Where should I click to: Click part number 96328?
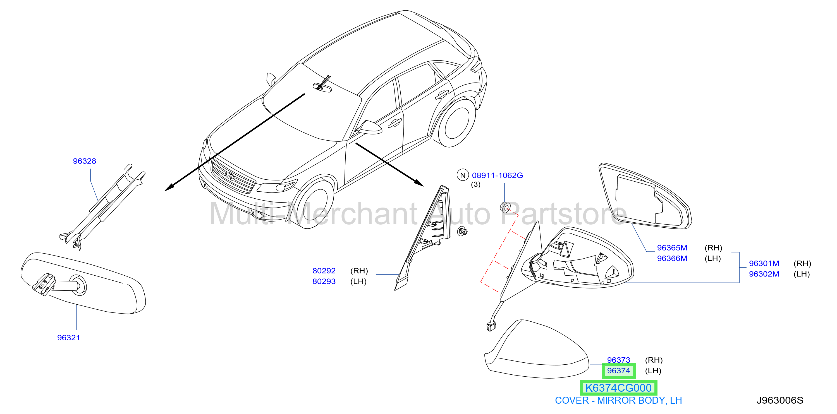pyautogui.click(x=85, y=161)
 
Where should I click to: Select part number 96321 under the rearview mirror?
pyautogui.click(x=69, y=338)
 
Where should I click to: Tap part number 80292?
pyautogui.click(x=324, y=271)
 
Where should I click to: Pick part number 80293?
pyautogui.click(x=324, y=281)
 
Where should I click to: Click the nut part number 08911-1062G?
pyautogui.click(x=498, y=175)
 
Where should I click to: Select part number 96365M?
pyautogui.click(x=672, y=248)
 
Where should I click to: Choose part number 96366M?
pyautogui.click(x=672, y=258)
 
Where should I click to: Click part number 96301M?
pyautogui.click(x=764, y=263)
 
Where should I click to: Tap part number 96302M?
pyautogui.click(x=764, y=274)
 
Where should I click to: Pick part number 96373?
pyautogui.click(x=619, y=360)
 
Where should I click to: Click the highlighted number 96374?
pyautogui.click(x=619, y=371)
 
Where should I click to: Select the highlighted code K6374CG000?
pyautogui.click(x=619, y=388)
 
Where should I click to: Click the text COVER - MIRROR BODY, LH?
pyautogui.click(x=618, y=401)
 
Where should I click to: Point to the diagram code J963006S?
pyautogui.click(x=780, y=400)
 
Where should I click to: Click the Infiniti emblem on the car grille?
pyautogui.click(x=230, y=176)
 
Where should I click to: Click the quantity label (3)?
pyautogui.click(x=476, y=184)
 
